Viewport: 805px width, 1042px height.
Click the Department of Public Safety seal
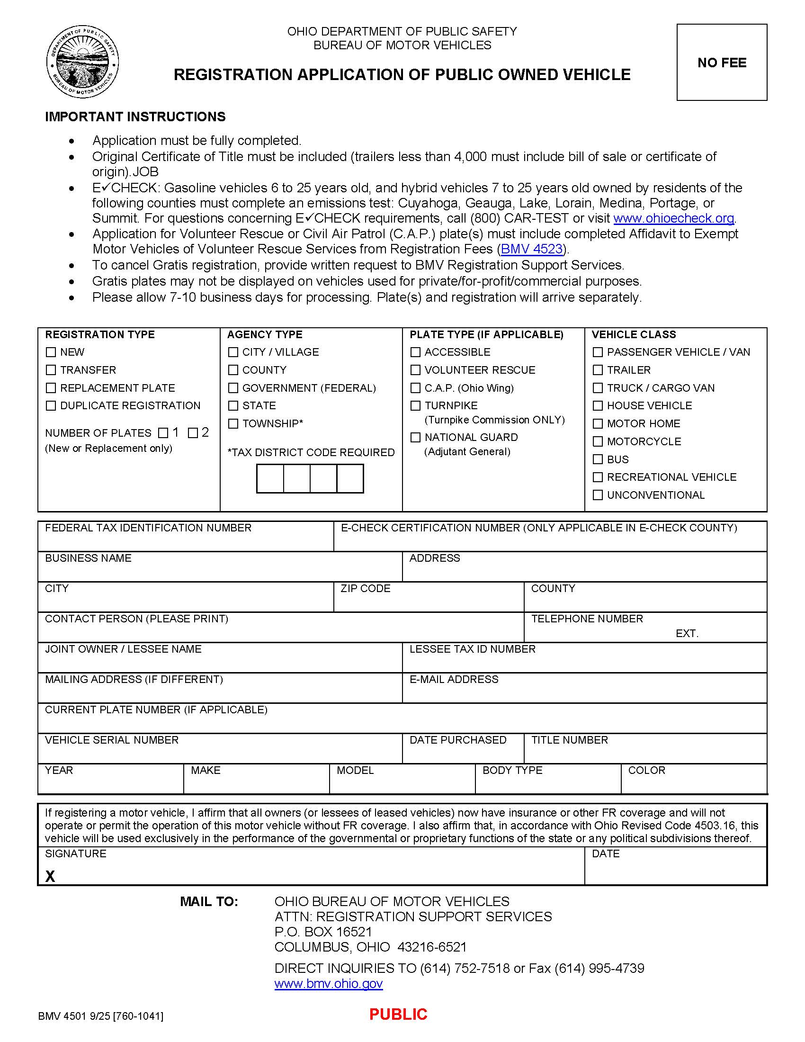pyautogui.click(x=82, y=62)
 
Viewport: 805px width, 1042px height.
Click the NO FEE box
pyautogui.click(x=722, y=62)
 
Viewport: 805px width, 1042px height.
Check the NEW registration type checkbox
pyautogui.click(x=51, y=352)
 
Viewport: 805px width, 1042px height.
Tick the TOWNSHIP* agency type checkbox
pyautogui.click(x=233, y=424)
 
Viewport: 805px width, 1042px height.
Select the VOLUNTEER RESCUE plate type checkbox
pyautogui.click(x=415, y=370)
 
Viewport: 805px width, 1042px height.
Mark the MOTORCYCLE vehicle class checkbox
pyautogui.click(x=598, y=441)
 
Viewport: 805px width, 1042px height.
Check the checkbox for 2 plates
pyautogui.click(x=193, y=433)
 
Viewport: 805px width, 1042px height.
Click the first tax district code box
pyautogui.click(x=270, y=478)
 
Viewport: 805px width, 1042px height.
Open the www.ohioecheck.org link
pyautogui.click(x=674, y=218)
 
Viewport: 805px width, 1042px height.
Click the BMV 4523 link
pyautogui.click(x=532, y=249)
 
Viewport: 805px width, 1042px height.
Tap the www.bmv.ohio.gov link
pyautogui.click(x=329, y=984)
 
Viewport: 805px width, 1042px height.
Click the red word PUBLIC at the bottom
pyautogui.click(x=398, y=1015)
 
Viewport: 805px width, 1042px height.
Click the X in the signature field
pyautogui.click(x=50, y=876)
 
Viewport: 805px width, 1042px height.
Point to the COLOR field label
pyautogui.click(x=646, y=770)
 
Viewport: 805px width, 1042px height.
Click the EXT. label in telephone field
pyautogui.click(x=687, y=634)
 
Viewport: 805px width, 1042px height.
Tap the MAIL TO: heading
pyautogui.click(x=209, y=901)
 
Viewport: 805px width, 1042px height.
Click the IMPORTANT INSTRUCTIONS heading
pyautogui.click(x=135, y=117)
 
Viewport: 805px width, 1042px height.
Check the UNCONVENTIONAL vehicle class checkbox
pyautogui.click(x=598, y=495)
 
